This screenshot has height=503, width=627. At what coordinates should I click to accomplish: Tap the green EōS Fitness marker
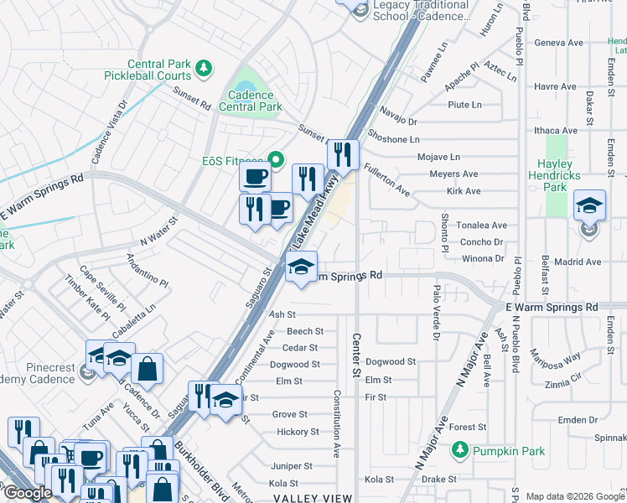tap(275, 161)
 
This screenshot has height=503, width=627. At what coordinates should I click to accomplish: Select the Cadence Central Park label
tap(251, 101)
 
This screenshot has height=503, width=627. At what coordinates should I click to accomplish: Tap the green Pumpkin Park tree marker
tap(459, 451)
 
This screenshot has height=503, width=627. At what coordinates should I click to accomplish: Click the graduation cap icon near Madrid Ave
tap(590, 205)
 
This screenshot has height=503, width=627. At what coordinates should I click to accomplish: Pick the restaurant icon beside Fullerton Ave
tap(342, 154)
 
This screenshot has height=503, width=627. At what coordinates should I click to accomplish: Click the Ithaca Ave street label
tap(557, 131)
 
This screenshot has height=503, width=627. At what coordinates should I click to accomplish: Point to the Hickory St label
tap(298, 433)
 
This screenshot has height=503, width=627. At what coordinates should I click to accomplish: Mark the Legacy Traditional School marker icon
tap(360, 10)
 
